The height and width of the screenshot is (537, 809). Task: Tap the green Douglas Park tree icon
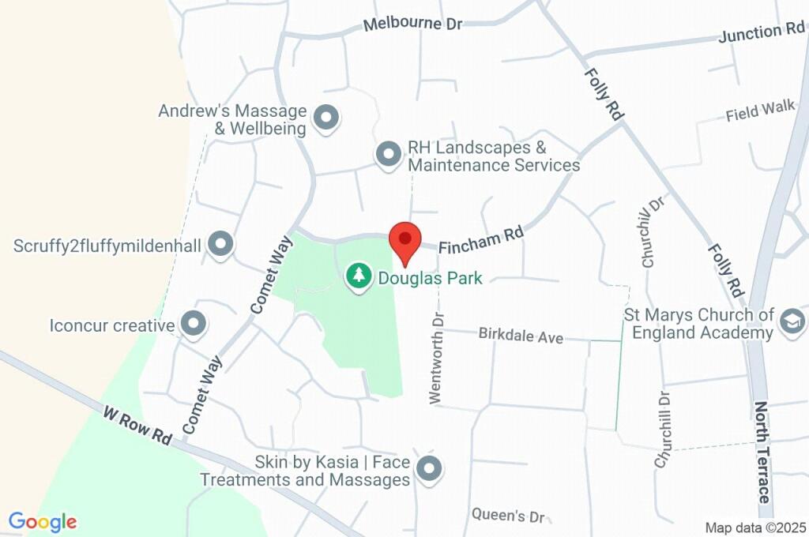(360, 276)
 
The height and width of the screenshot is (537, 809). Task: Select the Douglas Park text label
(430, 278)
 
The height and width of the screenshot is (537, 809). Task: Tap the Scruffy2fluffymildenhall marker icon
(220, 245)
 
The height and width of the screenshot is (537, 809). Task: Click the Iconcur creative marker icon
(193, 324)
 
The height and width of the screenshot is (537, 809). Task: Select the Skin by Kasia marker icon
(429, 469)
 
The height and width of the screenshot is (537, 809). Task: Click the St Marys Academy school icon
(791, 321)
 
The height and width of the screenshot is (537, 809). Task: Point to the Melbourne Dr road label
(412, 24)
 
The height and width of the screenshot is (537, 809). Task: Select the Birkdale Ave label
(521, 335)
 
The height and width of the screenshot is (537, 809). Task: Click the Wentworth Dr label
(437, 357)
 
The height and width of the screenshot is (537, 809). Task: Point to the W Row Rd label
(137, 425)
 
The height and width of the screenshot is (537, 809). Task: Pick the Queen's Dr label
(508, 516)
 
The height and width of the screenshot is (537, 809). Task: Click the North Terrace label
(762, 453)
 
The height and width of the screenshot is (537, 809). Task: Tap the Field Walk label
(760, 111)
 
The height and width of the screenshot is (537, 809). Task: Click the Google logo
(43, 521)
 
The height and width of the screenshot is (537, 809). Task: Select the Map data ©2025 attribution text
(755, 528)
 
